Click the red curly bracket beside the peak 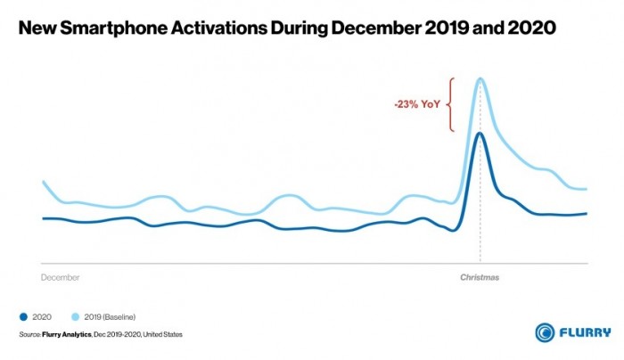pyautogui.click(x=452, y=104)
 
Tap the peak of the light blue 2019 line pyautogui.click(x=481, y=78)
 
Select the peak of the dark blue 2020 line pyautogui.click(x=480, y=133)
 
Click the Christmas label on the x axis pyautogui.click(x=480, y=277)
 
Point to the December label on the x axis pyautogui.click(x=61, y=277)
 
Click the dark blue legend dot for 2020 pyautogui.click(x=23, y=316)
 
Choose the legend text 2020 pyautogui.click(x=43, y=316)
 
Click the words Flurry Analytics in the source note pyautogui.click(x=62, y=335)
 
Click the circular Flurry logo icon pyautogui.click(x=546, y=332)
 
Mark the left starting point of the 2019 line pyautogui.click(x=43, y=182)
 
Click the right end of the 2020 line pyautogui.click(x=587, y=213)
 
